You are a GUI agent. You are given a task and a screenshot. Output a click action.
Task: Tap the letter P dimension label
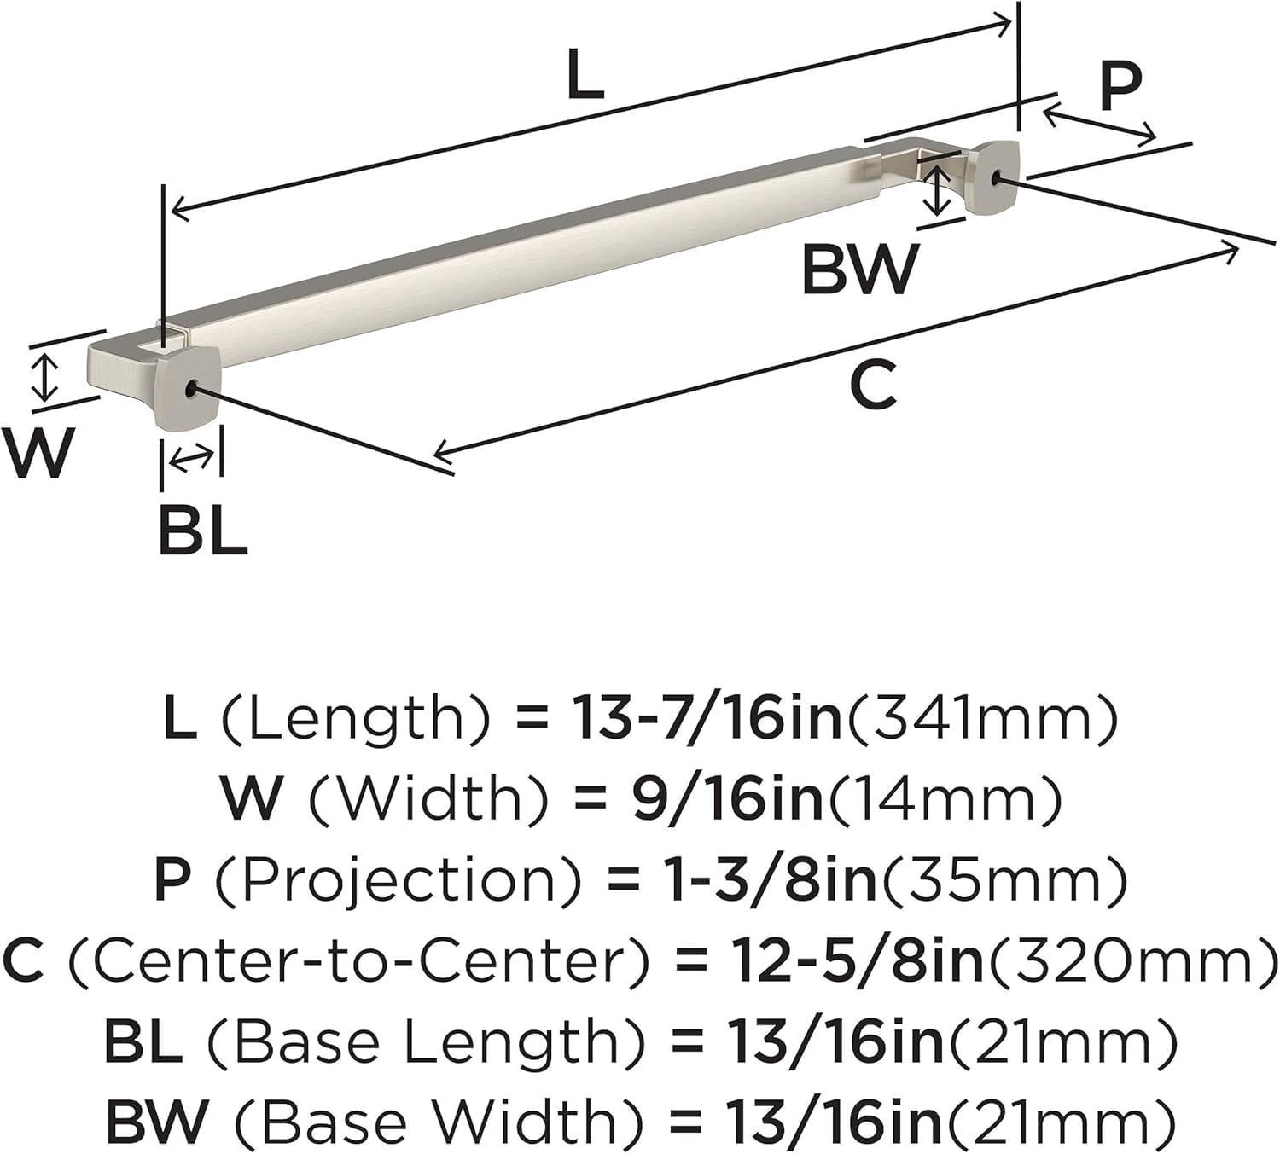point(1120,86)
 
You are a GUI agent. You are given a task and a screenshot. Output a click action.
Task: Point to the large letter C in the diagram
point(874,384)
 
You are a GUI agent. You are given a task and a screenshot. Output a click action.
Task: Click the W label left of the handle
point(38,453)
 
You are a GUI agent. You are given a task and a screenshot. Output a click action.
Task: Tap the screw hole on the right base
point(998,177)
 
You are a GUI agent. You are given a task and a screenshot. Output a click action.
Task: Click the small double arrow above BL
point(191,459)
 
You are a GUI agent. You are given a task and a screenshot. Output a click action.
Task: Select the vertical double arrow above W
point(44,378)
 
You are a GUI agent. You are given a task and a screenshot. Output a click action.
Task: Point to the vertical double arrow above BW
point(939,190)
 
